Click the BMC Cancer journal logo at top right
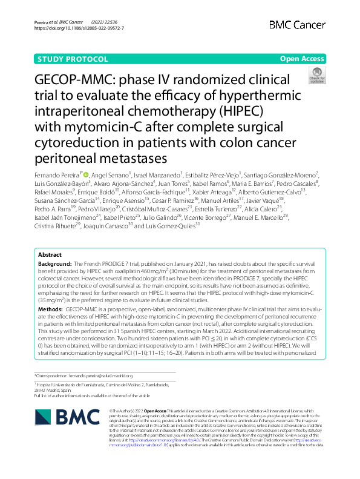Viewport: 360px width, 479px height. coord(296,24)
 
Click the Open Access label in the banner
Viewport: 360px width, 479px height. coord(302,59)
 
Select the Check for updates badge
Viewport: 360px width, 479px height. coord(316,76)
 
